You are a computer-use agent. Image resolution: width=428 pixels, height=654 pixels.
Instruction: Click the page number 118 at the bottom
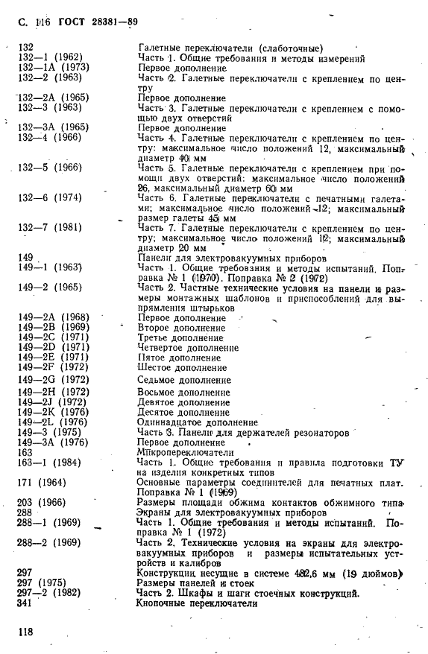(27, 632)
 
